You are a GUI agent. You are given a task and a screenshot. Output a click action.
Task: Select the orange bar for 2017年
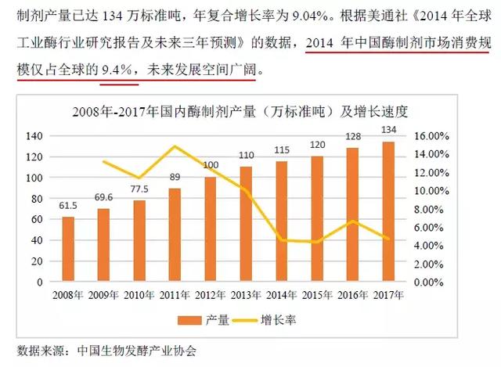click(x=388, y=211)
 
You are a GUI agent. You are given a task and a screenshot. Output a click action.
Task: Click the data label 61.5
click(x=68, y=206)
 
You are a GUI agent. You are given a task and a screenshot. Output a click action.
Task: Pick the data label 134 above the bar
click(x=388, y=129)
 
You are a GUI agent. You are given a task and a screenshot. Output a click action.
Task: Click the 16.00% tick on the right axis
click(x=430, y=136)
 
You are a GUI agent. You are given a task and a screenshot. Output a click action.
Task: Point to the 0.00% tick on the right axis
click(x=431, y=282)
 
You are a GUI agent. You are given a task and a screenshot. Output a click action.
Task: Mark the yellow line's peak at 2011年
click(x=175, y=146)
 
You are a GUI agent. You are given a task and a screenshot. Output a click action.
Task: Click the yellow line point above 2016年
click(x=353, y=221)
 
